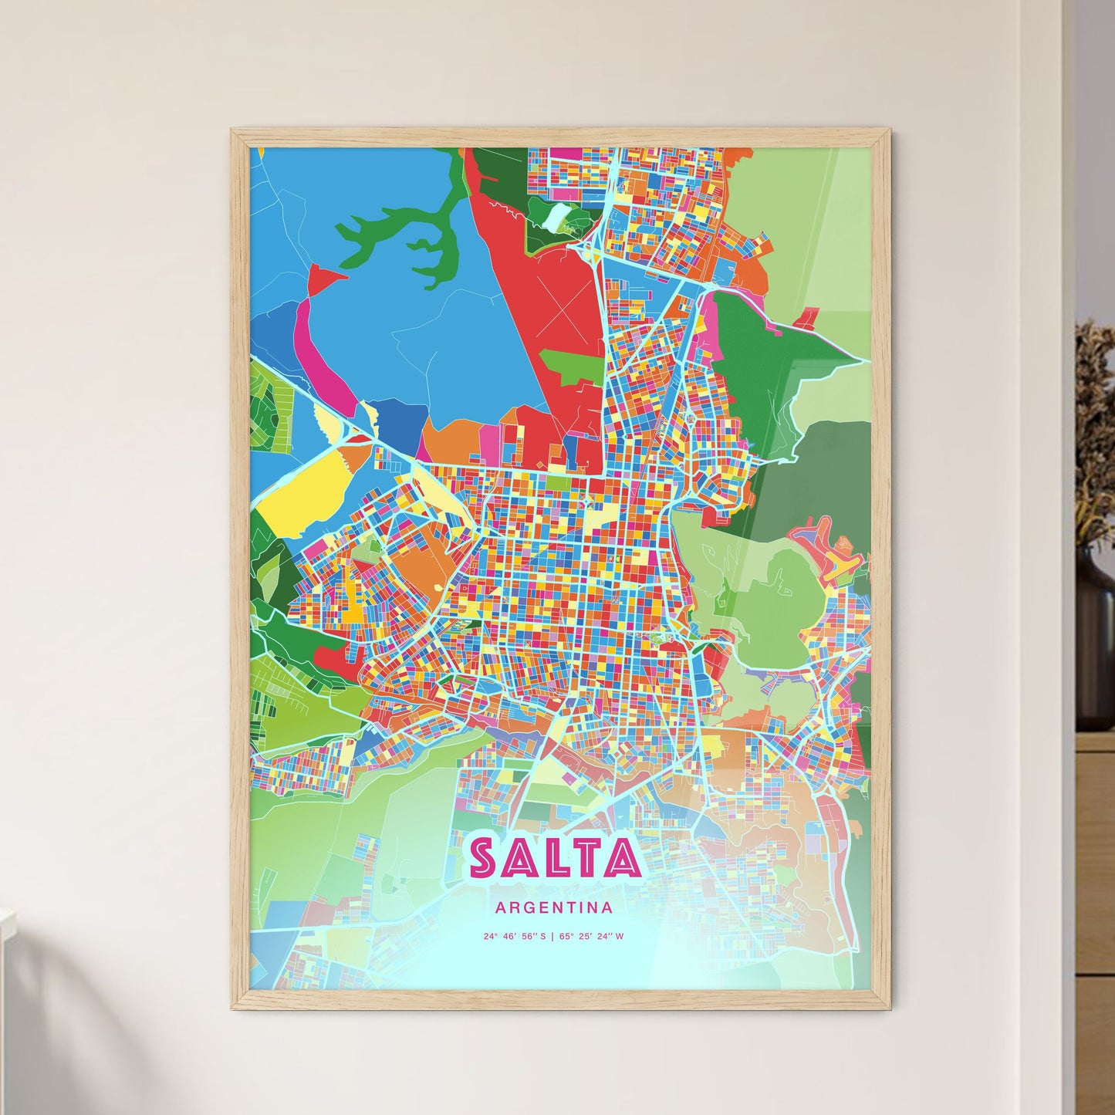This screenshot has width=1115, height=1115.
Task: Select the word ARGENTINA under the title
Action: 554,908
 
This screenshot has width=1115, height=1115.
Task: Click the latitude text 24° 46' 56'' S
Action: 515,937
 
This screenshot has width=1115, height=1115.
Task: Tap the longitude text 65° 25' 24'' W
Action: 593,937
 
